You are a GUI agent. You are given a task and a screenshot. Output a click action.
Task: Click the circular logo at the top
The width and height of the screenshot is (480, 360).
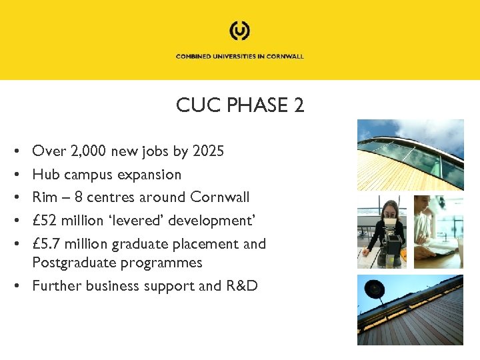click(x=239, y=31)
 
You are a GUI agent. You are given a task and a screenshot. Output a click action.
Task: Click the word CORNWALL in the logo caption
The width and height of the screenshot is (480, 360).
click(x=285, y=57)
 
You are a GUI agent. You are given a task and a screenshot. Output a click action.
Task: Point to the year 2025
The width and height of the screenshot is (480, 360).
click(x=208, y=151)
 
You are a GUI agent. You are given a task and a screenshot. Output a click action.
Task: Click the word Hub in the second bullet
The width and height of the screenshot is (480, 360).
click(x=46, y=175)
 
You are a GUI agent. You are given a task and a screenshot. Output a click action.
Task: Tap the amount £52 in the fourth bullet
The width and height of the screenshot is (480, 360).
click(x=46, y=221)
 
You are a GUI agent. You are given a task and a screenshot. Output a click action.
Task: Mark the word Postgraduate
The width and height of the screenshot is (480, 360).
click(x=75, y=263)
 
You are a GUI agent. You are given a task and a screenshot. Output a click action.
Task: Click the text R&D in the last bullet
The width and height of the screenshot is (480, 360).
click(x=241, y=286)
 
